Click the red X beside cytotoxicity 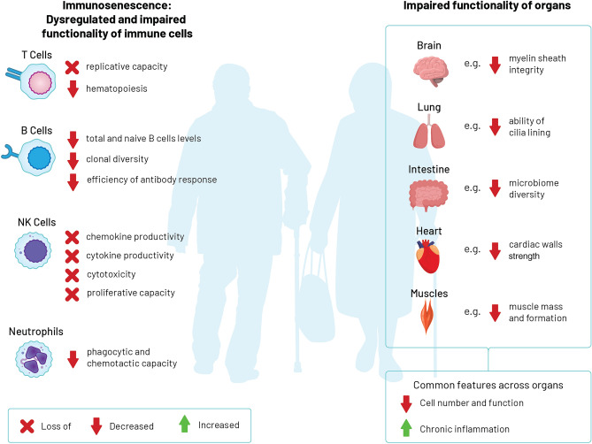tap(73, 275)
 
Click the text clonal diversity tap(118, 159)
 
